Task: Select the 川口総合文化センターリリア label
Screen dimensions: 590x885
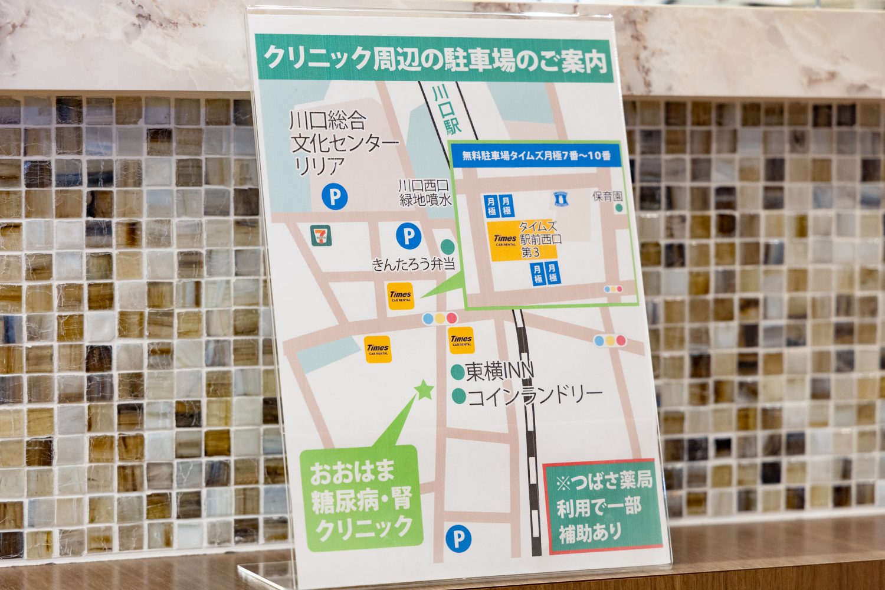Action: click(x=342, y=144)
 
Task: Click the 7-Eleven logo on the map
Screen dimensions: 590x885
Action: click(x=321, y=235)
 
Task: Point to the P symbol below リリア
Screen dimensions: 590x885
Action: click(x=335, y=196)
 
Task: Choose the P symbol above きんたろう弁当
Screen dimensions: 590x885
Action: click(x=408, y=237)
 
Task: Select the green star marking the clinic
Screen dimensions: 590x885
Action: click(x=424, y=389)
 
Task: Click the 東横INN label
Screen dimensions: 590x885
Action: click(x=499, y=371)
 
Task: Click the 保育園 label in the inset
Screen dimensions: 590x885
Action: click(x=608, y=196)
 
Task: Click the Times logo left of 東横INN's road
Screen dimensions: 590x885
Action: click(x=378, y=349)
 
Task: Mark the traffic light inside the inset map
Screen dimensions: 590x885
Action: click(x=614, y=289)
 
